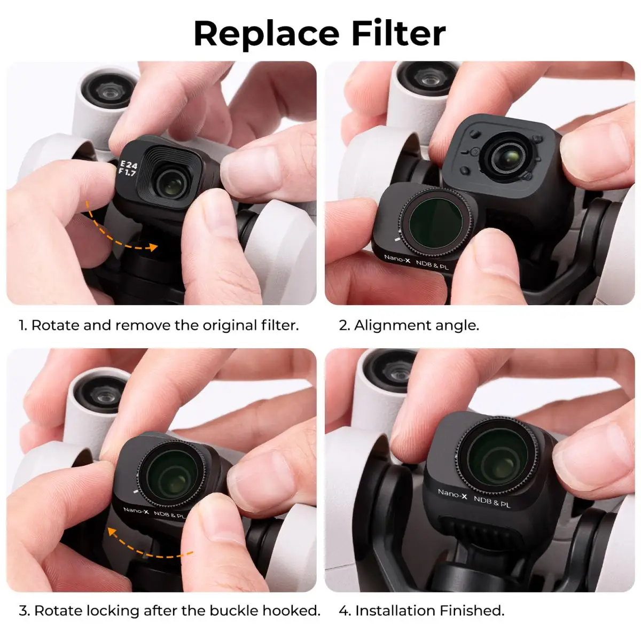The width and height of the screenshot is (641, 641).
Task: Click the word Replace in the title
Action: click(x=266, y=34)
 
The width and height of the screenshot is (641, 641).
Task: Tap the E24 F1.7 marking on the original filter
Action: click(x=128, y=168)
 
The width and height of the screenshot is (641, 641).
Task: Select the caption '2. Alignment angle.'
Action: click(x=409, y=325)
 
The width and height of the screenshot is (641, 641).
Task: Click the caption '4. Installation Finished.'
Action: click(x=421, y=611)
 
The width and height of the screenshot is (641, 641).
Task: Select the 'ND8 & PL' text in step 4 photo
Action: click(x=492, y=502)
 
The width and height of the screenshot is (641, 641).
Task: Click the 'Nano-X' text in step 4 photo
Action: click(x=452, y=494)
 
